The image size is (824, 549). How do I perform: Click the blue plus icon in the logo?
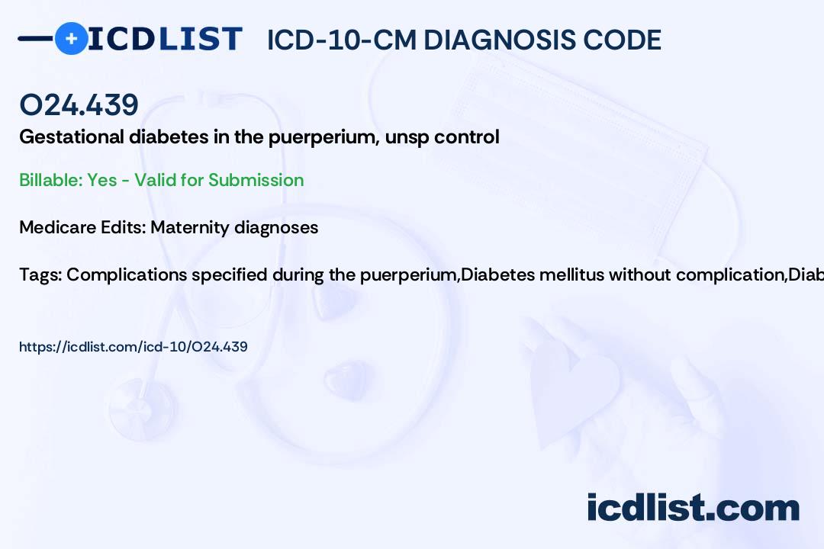71,39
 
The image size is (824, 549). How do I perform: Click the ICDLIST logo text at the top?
165,39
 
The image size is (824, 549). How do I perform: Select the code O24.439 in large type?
79,105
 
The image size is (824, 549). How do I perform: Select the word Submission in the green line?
256,180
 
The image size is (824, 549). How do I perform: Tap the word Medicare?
54,227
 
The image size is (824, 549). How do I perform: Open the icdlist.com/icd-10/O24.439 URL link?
134,347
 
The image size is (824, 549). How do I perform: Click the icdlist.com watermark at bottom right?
693,507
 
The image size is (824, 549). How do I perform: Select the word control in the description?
468,137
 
